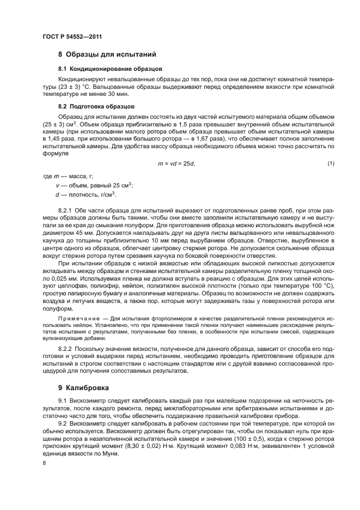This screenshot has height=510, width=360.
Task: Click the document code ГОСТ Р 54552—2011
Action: (x=72, y=37)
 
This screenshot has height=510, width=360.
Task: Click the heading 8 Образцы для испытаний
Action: (x=107, y=54)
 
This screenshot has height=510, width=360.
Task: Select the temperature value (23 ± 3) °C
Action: (x=85, y=86)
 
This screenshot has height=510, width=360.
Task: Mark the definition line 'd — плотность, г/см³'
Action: (x=82, y=195)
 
